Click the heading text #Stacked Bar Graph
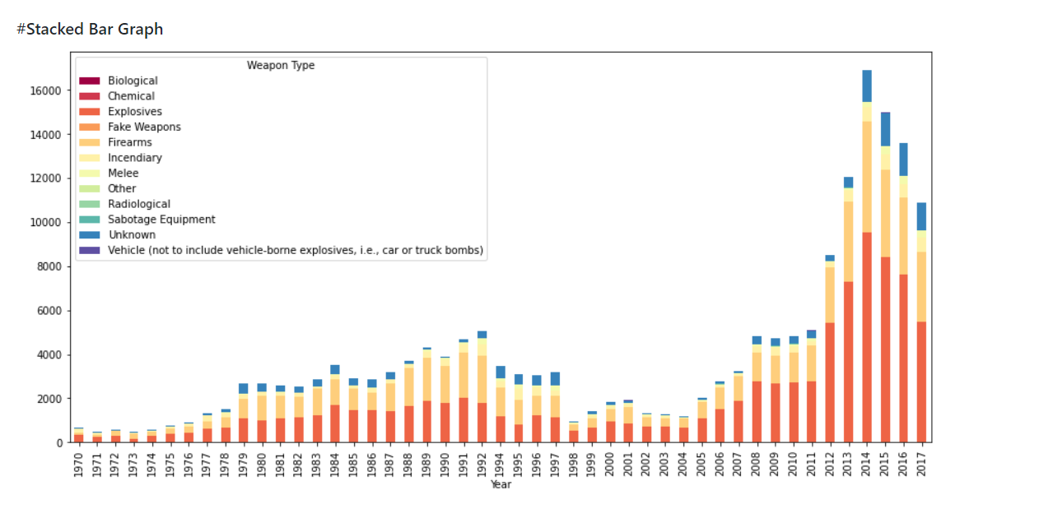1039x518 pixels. click(x=90, y=30)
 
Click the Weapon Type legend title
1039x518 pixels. click(x=280, y=65)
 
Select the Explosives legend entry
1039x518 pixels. click(x=134, y=112)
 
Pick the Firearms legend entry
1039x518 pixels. click(x=129, y=142)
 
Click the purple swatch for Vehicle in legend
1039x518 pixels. click(x=89, y=250)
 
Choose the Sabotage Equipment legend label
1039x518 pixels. click(x=161, y=220)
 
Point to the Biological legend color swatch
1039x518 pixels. click(x=89, y=81)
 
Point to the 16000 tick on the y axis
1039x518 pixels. click(x=48, y=90)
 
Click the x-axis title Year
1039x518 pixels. click(x=501, y=485)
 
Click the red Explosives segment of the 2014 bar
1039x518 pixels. click(x=867, y=337)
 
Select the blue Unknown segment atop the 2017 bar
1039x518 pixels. click(x=921, y=216)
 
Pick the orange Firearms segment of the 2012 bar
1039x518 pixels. click(x=830, y=294)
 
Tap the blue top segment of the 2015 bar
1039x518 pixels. click(x=885, y=129)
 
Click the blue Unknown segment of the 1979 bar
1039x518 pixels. click(x=243, y=389)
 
